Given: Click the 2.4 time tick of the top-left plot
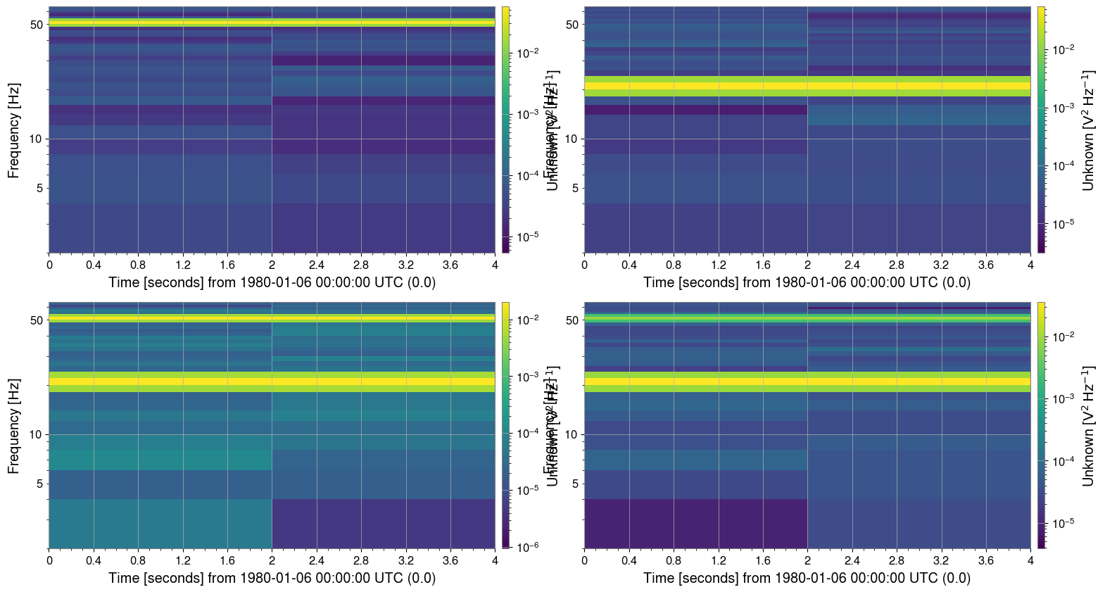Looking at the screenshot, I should coord(316,265).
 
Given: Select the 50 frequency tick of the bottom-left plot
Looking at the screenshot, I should coord(36,320).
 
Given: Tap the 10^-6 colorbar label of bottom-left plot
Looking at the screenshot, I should coord(527,547).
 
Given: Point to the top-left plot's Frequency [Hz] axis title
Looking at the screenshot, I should coord(13,130).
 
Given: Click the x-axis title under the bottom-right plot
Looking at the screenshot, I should coord(807,578).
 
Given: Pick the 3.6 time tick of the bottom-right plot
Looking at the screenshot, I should coord(985,561).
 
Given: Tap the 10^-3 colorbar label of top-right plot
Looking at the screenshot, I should coord(1063,108).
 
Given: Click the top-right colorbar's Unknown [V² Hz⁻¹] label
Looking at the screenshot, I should coord(1088,130).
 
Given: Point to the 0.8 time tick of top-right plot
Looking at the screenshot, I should coord(674,265).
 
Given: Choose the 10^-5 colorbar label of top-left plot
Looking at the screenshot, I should coord(527,237).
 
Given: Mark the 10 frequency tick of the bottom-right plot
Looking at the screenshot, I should coord(572,435).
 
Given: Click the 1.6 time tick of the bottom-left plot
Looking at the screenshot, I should coord(227,561).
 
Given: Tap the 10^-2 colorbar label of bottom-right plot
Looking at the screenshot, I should coord(1063,336).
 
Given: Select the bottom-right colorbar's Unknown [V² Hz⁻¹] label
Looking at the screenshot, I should coord(1088,426).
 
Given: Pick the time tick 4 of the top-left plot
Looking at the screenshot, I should coord(495,265).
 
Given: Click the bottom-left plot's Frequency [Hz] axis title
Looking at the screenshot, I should coord(13,426).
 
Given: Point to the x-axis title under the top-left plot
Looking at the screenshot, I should coord(272,282).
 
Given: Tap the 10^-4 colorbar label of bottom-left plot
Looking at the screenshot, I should coord(527,434).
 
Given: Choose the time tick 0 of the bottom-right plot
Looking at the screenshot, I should coord(585,561).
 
